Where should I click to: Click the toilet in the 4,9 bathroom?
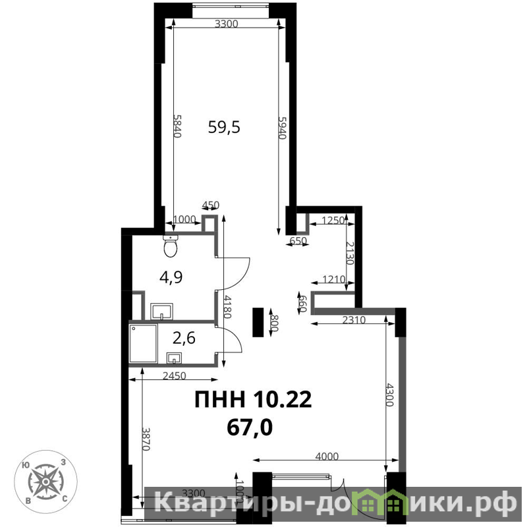[x=171, y=246]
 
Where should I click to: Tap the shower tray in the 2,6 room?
[x=143, y=343]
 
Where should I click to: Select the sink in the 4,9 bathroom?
[x=161, y=311]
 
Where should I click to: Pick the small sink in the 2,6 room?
[x=174, y=358]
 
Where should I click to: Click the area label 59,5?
[x=224, y=127]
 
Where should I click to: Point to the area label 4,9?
[x=171, y=277]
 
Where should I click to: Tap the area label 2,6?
[x=184, y=338]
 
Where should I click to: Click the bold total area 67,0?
[x=250, y=428]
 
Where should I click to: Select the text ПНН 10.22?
[x=253, y=400]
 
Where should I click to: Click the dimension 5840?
[x=177, y=126]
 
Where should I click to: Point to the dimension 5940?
[x=283, y=128]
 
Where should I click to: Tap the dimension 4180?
[x=228, y=307]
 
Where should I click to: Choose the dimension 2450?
[x=174, y=375]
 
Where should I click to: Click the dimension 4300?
[x=389, y=395]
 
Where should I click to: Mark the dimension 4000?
[x=327, y=456]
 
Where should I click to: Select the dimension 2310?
[x=354, y=319]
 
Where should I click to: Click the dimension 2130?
[x=350, y=253]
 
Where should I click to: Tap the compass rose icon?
[x=45, y=482]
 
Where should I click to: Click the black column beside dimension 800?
[x=258, y=322]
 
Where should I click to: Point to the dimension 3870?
[x=146, y=439]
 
